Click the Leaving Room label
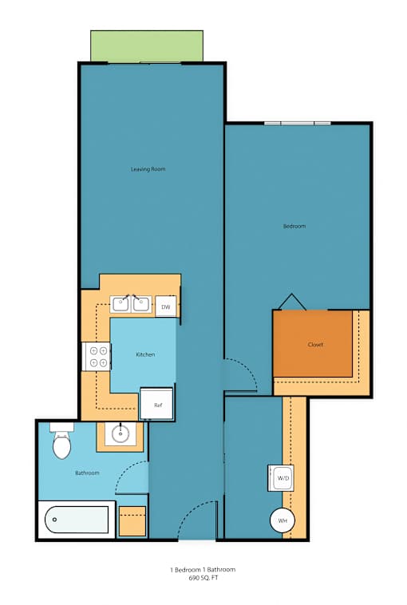[148, 169]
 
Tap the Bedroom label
[294, 226]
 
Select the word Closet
[315, 345]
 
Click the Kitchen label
[145, 354]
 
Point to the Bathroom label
[87, 473]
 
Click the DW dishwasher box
[166, 306]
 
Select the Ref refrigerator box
[156, 404]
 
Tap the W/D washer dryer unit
[281, 478]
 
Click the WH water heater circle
[283, 520]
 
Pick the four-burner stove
[97, 357]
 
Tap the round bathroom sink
[121, 433]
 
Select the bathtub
[77, 520]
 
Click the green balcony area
[147, 45]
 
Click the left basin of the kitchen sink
[121, 304]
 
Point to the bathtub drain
[55, 520]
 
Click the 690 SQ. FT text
[203, 578]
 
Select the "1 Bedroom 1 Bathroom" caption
[203, 570]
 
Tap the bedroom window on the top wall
[298, 123]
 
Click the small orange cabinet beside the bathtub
[132, 521]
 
